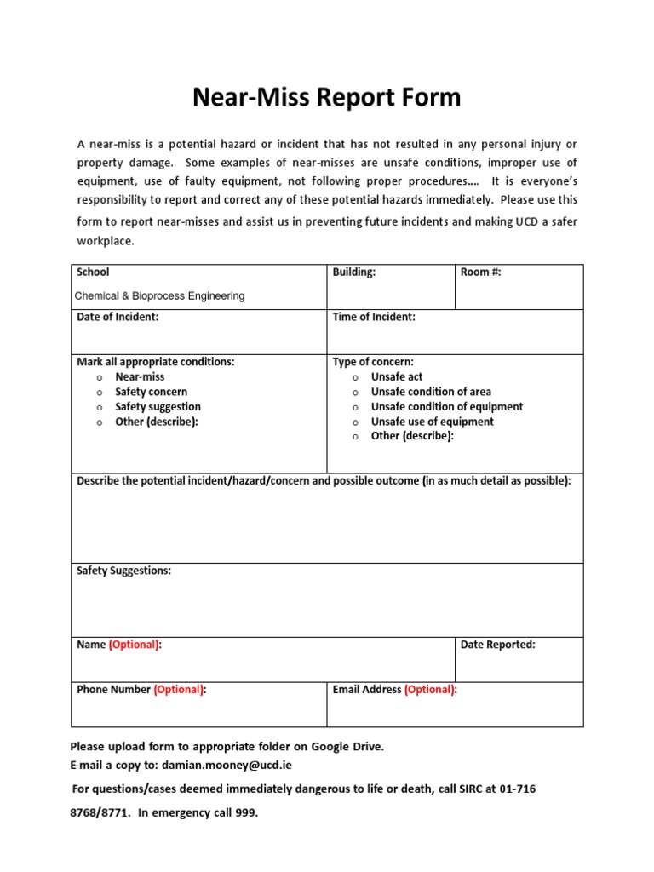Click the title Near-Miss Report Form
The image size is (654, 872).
326,97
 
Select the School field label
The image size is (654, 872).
93,272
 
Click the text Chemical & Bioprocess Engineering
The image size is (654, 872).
160,296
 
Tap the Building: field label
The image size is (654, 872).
354,272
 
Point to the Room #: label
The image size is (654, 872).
487,272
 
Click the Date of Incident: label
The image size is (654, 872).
118,318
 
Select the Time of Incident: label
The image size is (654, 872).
374,318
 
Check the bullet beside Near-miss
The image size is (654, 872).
100,378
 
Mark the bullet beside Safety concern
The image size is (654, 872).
100,393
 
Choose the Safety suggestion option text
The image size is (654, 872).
158,407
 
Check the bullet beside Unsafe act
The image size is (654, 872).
355,378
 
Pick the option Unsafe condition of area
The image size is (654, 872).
431,392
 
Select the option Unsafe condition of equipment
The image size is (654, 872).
447,407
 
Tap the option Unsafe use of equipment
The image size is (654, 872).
432,422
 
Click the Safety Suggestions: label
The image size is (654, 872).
123,571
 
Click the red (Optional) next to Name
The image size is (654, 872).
134,645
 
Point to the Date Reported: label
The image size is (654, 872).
497,645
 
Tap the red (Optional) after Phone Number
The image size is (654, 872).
179,690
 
